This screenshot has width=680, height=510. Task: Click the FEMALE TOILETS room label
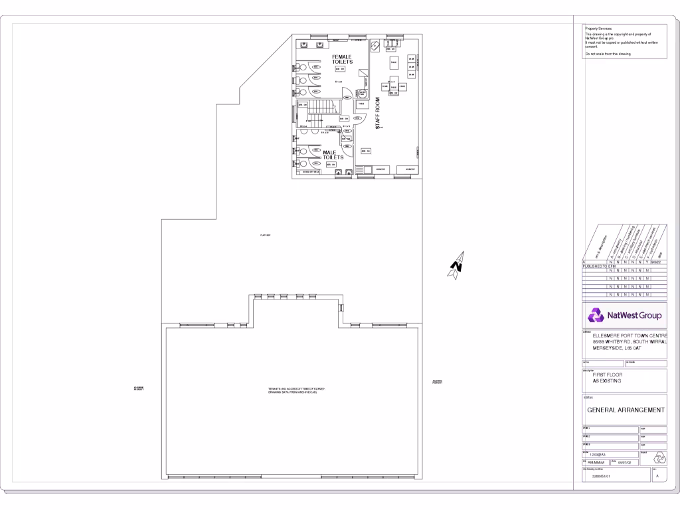343,60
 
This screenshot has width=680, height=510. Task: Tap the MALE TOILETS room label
333,155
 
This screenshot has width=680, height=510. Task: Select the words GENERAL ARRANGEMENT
625,410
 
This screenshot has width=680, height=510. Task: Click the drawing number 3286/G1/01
600,476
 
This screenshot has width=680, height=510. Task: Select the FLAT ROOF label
265,235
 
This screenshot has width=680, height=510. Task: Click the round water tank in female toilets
362,94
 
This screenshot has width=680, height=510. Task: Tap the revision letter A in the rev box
657,476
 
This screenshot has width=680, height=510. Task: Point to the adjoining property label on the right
437,382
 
